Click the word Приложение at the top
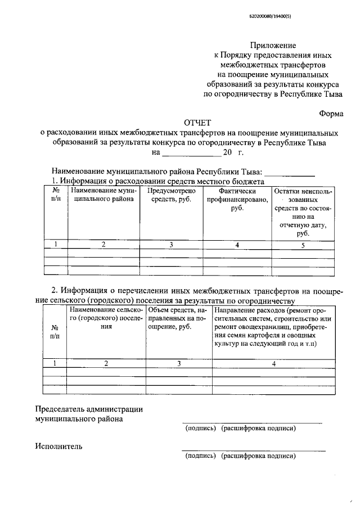(x=273, y=45)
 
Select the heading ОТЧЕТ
(x=190, y=123)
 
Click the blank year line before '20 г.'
(x=191, y=153)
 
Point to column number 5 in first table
(x=303, y=245)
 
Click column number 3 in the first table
(x=171, y=245)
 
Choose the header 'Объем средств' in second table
(x=178, y=318)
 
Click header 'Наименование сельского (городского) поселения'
(x=106, y=318)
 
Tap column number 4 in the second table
(x=273, y=363)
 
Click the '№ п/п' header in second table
(x=55, y=331)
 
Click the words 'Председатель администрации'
(x=89, y=409)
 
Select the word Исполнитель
(x=58, y=447)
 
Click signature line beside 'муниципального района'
(x=251, y=422)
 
